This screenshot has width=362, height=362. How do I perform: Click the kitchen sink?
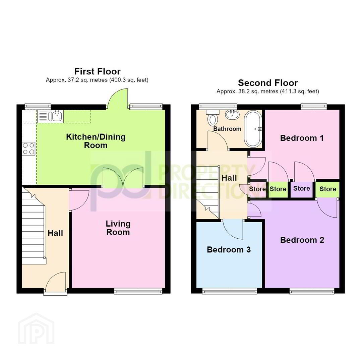(50, 116)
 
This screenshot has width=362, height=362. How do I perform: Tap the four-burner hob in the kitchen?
(29, 148)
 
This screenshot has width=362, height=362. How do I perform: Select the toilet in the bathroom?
(213, 118)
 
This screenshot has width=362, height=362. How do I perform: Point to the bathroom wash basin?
(232, 114)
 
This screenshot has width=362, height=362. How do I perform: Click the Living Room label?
(118, 228)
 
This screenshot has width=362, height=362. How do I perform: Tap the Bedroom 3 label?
(229, 250)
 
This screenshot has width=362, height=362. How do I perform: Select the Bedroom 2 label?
(302, 240)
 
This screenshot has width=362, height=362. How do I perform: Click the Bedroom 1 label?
(302, 138)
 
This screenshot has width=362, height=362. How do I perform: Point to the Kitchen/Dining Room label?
(96, 141)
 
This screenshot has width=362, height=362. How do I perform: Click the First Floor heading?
(98, 71)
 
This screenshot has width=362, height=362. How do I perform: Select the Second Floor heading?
(268, 83)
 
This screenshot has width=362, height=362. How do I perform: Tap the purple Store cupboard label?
(302, 188)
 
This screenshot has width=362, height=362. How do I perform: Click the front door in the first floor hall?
(55, 282)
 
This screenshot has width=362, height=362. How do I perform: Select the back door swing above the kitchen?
(118, 98)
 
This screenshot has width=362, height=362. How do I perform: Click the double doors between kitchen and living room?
(123, 177)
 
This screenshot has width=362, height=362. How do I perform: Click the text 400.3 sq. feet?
(129, 80)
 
